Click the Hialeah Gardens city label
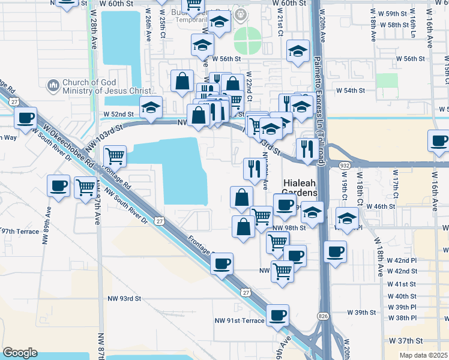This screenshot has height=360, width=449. point(300,187)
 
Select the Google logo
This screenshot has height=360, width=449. point(20,352)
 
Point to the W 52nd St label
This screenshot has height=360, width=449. point(118,113)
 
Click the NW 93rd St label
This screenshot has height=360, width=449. point(124,298)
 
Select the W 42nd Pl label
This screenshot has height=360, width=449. point(402,260)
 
